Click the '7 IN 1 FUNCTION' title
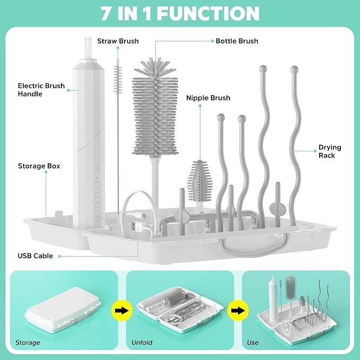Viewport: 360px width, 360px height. [180, 13]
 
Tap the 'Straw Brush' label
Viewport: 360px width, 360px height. [118, 41]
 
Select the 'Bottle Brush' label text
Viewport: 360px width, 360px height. [237, 41]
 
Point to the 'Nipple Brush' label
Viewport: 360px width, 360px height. [208, 98]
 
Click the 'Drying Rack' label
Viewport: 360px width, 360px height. [330, 151]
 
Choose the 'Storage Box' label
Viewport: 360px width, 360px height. [39, 166]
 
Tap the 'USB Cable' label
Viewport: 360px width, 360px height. [36, 256]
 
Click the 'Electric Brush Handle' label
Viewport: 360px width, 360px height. [41, 90]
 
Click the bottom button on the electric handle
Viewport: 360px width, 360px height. [97, 216]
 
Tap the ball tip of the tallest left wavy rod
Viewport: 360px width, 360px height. [263, 68]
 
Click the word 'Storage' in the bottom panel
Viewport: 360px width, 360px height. [28, 343]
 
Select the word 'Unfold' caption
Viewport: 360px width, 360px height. [142, 343]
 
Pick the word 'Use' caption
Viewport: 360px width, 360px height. [252, 343]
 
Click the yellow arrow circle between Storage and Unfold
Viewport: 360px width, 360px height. [122, 311]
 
